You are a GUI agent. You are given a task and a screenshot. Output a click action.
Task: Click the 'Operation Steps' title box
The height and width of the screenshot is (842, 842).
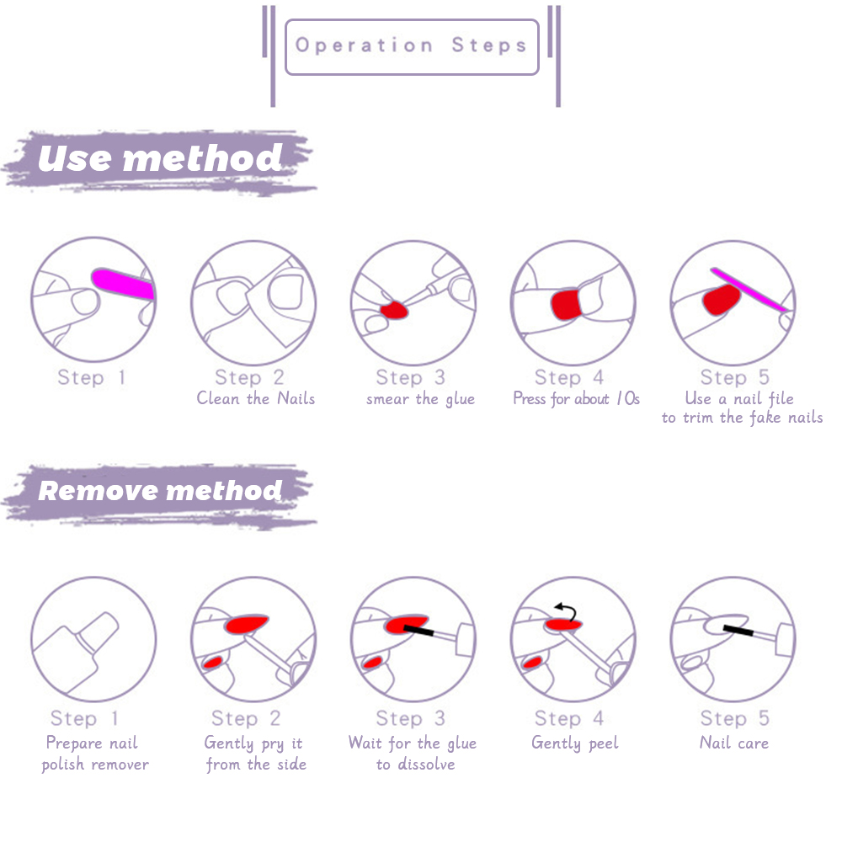pyautogui.click(x=412, y=46)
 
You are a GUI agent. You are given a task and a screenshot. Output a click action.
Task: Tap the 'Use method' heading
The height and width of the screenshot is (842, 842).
pyautogui.click(x=160, y=158)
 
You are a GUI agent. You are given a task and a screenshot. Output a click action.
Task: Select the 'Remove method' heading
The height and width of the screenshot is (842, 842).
pyautogui.click(x=160, y=490)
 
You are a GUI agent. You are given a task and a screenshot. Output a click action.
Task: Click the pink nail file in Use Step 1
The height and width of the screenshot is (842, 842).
pyautogui.click(x=123, y=283)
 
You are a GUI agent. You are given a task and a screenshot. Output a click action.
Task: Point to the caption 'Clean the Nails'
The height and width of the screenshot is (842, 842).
pyautogui.click(x=256, y=398)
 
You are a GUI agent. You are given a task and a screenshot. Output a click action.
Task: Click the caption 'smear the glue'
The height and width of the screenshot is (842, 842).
pyautogui.click(x=420, y=399)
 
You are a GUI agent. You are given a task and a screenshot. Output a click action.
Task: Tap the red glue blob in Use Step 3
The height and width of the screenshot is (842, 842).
pyautogui.click(x=393, y=311)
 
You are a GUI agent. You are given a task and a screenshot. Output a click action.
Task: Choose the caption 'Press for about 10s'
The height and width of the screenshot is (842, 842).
pyautogui.click(x=576, y=398)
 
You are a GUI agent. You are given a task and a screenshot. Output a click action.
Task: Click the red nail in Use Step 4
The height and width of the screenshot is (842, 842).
pyautogui.click(x=566, y=305)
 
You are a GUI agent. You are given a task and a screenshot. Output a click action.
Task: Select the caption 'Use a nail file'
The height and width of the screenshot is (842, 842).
pyautogui.click(x=739, y=398)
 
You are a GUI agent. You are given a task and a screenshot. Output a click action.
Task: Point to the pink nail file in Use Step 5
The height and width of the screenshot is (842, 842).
pyautogui.click(x=749, y=290)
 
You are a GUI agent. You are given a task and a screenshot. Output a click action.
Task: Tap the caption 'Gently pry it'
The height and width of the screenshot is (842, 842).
pyautogui.click(x=253, y=743)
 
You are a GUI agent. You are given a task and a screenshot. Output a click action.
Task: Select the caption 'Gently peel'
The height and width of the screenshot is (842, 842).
pyautogui.click(x=574, y=743)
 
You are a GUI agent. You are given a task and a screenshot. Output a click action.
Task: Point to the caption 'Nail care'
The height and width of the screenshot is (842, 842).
pyautogui.click(x=734, y=743)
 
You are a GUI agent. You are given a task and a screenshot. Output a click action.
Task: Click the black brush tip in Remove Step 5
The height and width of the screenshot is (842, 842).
pyautogui.click(x=738, y=631)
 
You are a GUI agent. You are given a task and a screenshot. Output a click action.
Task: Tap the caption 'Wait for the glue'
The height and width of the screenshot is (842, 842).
pyautogui.click(x=413, y=743)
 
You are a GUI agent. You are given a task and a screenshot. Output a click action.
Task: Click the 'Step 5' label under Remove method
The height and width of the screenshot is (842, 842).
pyautogui.click(x=734, y=718)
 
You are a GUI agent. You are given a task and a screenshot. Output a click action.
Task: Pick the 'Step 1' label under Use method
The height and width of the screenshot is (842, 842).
pyautogui.click(x=91, y=377)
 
